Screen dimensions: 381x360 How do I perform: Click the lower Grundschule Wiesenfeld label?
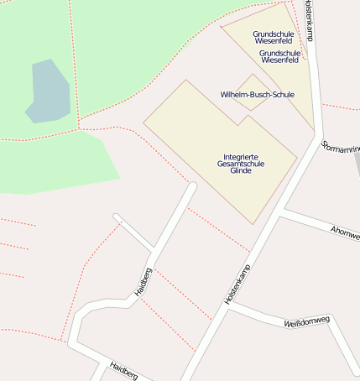[x=279, y=56]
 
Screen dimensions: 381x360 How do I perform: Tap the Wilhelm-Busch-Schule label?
[x=257, y=95]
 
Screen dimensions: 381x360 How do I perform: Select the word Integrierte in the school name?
[x=240, y=157]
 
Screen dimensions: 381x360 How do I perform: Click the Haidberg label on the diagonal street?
[x=143, y=282]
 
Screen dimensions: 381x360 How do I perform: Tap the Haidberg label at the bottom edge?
[x=123, y=370]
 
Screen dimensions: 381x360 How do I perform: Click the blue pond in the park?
[x=48, y=91]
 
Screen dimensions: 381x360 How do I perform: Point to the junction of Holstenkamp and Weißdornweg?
[x=227, y=306]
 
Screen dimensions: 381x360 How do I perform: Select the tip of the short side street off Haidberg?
[x=117, y=218]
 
